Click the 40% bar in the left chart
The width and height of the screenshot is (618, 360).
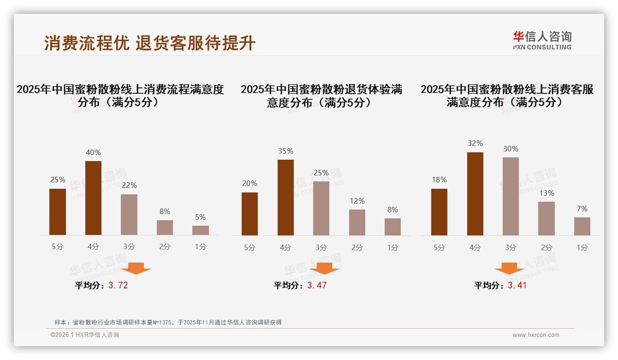93,198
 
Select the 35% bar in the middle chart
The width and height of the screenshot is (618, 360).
285,198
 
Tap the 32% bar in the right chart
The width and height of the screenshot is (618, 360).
475,194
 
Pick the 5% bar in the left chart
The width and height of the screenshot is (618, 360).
200,230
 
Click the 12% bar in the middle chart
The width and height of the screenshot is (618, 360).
357,222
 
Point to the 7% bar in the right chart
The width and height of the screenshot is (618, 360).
582,226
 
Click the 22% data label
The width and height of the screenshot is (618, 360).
129,185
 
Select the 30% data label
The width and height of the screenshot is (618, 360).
511,149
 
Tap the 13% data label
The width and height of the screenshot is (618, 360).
547,193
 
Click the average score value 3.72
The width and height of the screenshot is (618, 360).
118,285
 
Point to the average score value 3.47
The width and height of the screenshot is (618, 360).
317,285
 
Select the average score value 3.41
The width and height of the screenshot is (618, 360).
517,285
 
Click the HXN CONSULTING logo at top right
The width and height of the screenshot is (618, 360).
542,41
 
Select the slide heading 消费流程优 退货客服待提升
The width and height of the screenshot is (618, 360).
150,43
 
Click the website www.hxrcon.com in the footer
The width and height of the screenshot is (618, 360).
536,335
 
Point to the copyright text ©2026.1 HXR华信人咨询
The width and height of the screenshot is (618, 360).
85,335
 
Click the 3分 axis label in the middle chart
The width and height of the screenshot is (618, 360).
321,247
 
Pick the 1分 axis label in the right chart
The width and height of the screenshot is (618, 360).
582,247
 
